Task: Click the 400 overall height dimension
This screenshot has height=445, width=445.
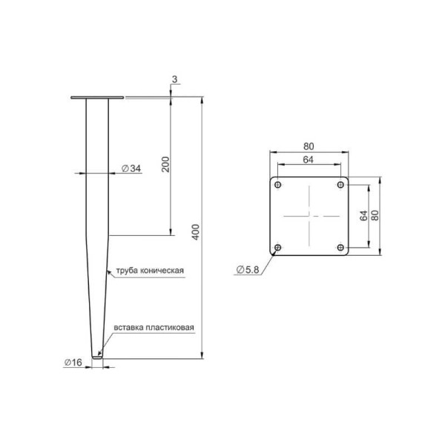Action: tap(196, 232)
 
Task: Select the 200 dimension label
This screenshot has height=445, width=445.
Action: tap(165, 164)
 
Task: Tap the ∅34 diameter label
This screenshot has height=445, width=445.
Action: tap(131, 168)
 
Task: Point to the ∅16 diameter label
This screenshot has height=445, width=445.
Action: tap(73, 363)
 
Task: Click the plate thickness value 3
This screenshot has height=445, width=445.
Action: tap(174, 79)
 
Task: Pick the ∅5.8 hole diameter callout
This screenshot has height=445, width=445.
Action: tap(248, 269)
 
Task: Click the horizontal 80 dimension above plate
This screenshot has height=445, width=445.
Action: tap(309, 146)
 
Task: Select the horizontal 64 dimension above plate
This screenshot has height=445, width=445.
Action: tap(309, 159)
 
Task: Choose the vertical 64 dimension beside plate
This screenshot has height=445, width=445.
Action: tap(363, 216)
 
